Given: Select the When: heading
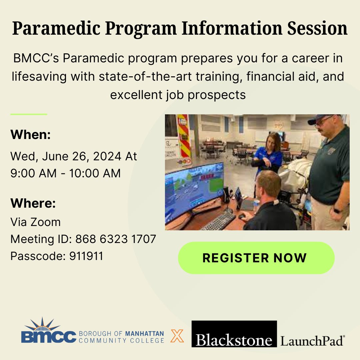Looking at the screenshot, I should point(31,135).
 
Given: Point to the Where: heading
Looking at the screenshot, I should point(33,203).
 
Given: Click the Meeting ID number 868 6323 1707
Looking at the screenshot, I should point(116,239).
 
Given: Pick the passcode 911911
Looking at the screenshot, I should point(86,256).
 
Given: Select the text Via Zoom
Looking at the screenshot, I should point(36,222).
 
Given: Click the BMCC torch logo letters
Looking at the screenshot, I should point(49,336).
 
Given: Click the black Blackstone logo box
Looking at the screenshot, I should point(234,334).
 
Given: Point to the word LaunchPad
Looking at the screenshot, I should point(312,341).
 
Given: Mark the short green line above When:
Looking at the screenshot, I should point(29,114).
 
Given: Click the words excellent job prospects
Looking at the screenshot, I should point(178,95).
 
